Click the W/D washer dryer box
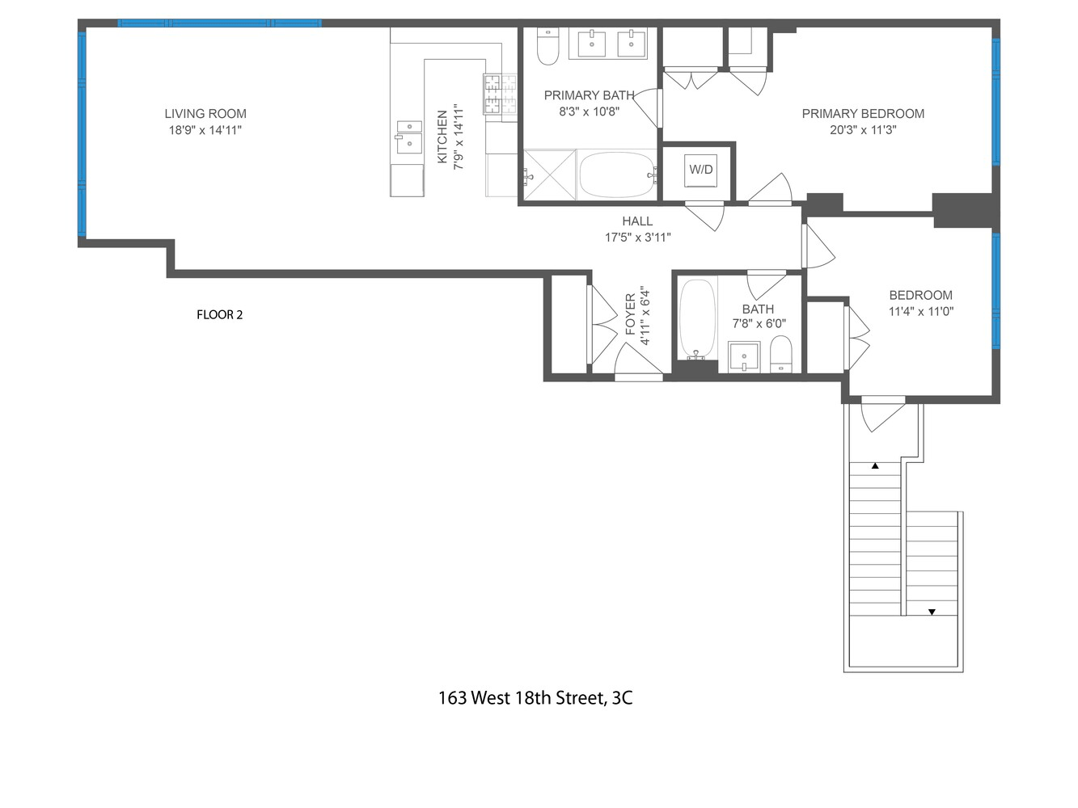pyautogui.click(x=700, y=170)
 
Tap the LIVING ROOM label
pyautogui.click(x=205, y=114)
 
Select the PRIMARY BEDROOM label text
pyautogui.click(x=863, y=114)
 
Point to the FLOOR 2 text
pyautogui.click(x=219, y=314)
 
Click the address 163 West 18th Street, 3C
pyautogui.click(x=535, y=697)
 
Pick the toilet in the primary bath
pyautogui.click(x=548, y=46)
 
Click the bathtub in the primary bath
pyautogui.click(x=617, y=175)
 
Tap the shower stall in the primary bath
pyautogui.click(x=550, y=175)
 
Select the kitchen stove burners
pyautogui.click(x=500, y=94)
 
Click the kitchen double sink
pyautogui.click(x=409, y=137)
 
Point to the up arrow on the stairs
pyautogui.click(x=875, y=466)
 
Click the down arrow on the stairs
pyautogui.click(x=931, y=612)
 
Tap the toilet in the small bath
pyautogui.click(x=781, y=354)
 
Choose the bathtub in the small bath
pyautogui.click(x=697, y=319)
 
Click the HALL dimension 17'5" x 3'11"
pyautogui.click(x=637, y=238)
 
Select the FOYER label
pyautogui.click(x=631, y=314)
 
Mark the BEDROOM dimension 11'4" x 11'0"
pyautogui.click(x=921, y=311)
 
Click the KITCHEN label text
pyautogui.click(x=442, y=137)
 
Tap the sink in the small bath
pyautogui.click(x=743, y=356)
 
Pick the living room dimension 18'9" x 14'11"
pyautogui.click(x=205, y=130)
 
